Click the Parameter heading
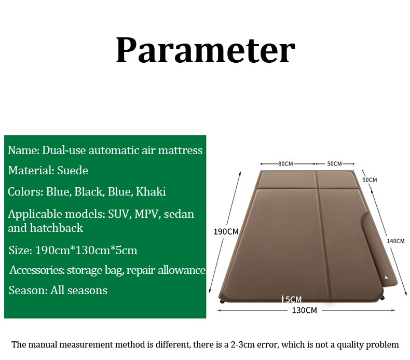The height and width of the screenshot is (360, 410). pyautogui.click(x=206, y=50)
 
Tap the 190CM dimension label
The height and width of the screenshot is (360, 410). pyautogui.click(x=226, y=232)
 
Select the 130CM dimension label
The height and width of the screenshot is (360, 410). pyautogui.click(x=304, y=310)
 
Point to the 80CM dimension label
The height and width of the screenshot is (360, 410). pyautogui.click(x=285, y=164)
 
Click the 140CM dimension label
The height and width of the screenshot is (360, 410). pyautogui.click(x=395, y=241)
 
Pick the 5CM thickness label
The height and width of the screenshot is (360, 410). pyautogui.click(x=293, y=299)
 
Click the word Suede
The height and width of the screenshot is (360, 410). pyautogui.click(x=73, y=171)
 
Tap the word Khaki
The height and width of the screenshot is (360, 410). pyautogui.click(x=151, y=191)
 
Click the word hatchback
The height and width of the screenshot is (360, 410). pyautogui.click(x=56, y=228)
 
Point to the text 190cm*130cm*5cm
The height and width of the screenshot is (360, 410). pyautogui.click(x=86, y=250)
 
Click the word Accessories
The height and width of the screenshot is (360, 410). pyautogui.click(x=37, y=270)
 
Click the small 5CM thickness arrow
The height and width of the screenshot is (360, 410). pyautogui.click(x=283, y=299)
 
